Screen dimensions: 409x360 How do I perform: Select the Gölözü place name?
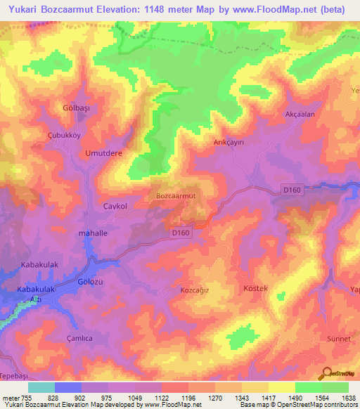pyautogui.click(x=90, y=283)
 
